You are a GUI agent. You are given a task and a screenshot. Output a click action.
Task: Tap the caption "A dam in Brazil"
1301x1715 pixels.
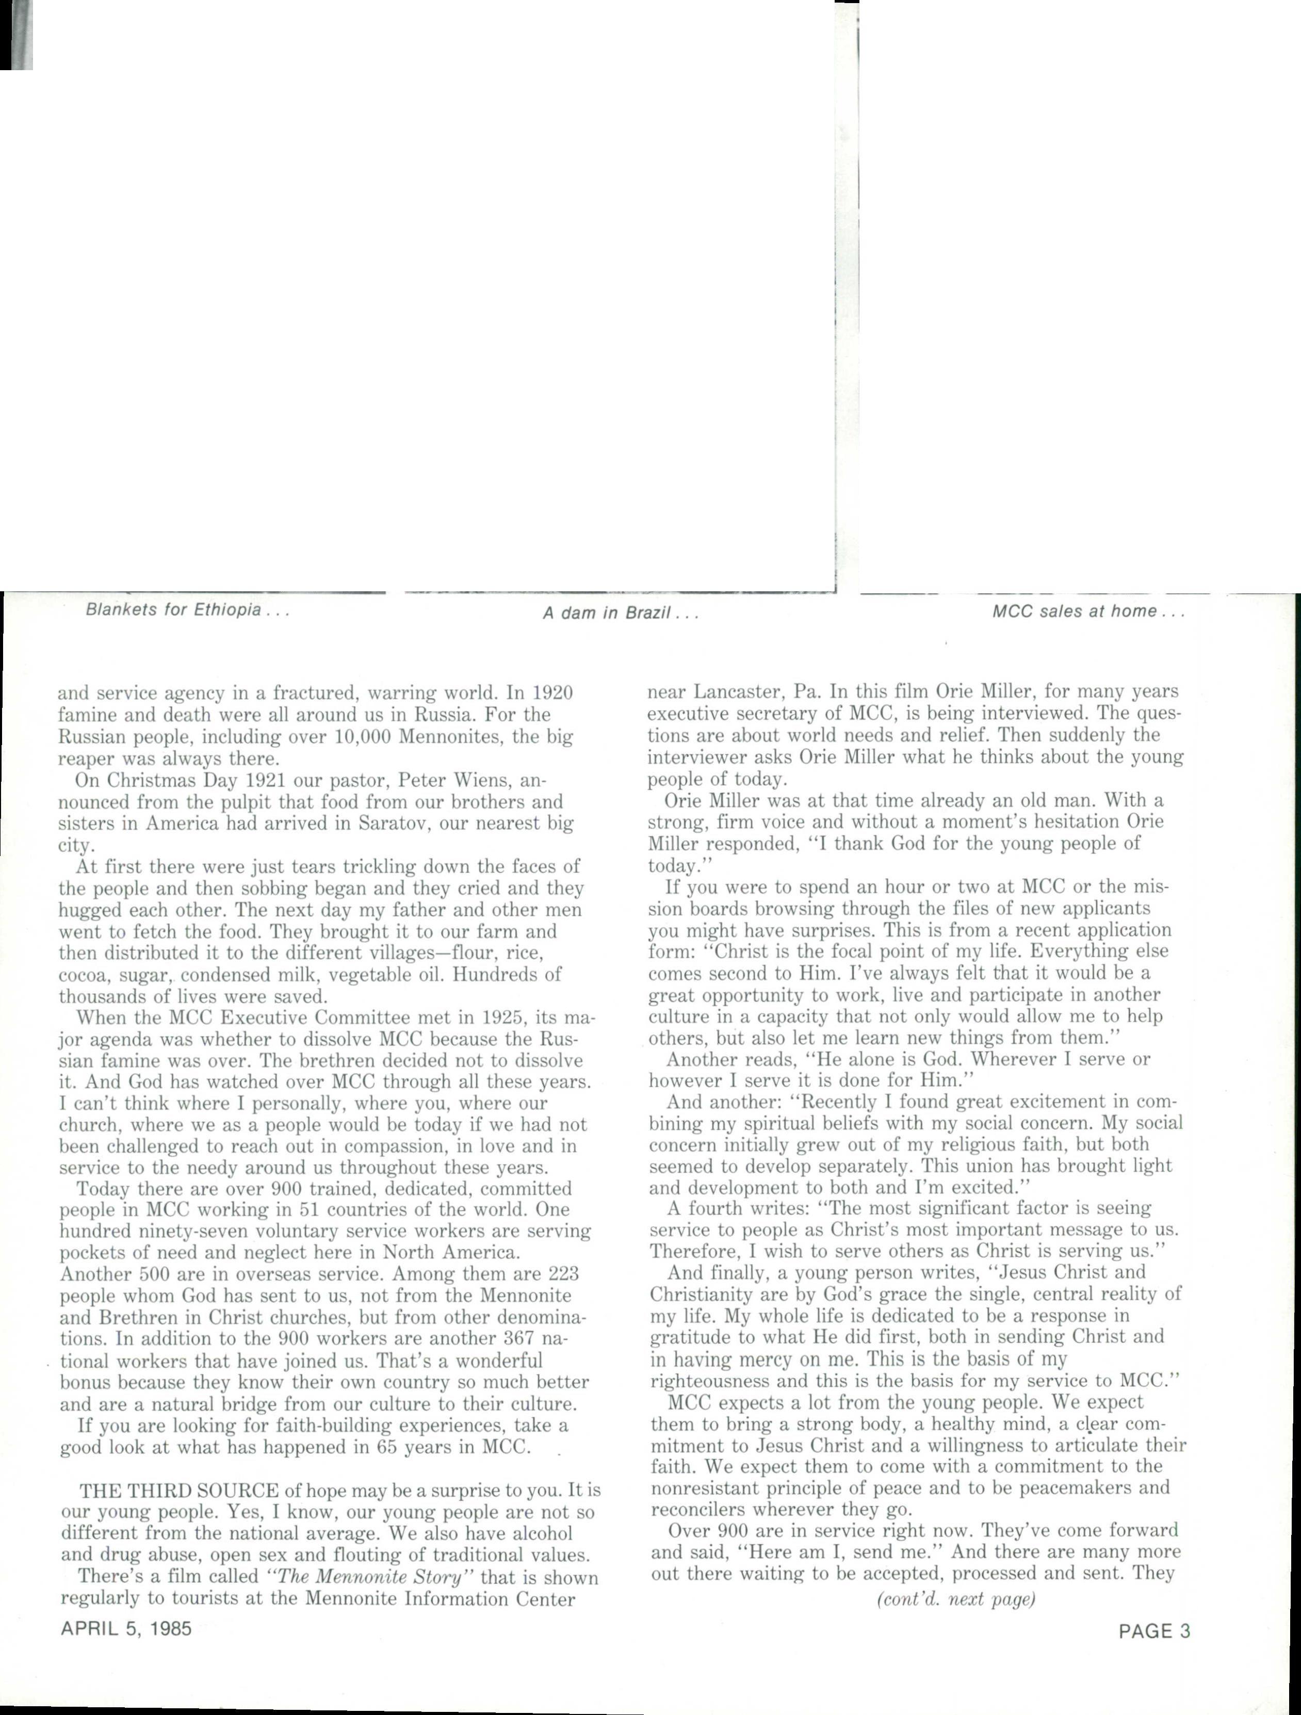tap(620, 613)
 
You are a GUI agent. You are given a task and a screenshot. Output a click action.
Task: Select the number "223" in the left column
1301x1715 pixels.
tap(564, 1274)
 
